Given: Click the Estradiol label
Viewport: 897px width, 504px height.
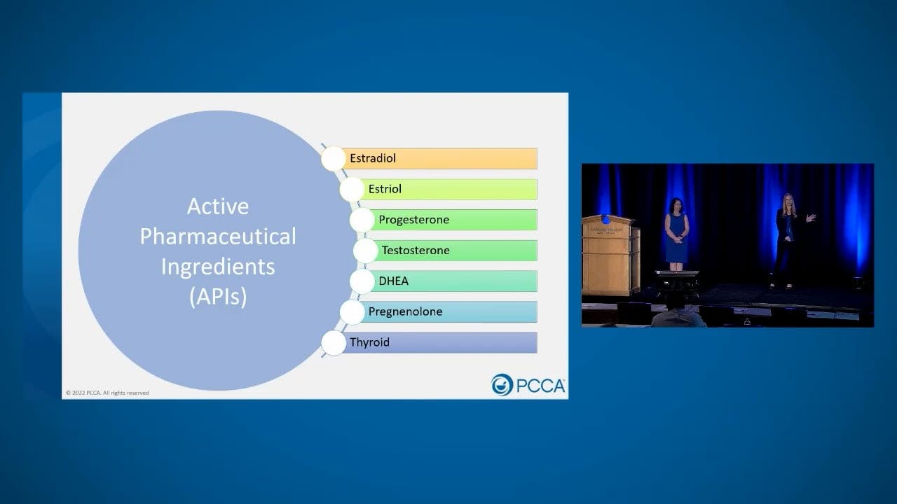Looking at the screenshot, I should pyautogui.click(x=373, y=158).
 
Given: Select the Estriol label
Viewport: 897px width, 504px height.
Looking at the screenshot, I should pyautogui.click(x=385, y=189).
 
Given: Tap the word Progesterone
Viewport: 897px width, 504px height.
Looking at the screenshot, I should pyautogui.click(x=413, y=220).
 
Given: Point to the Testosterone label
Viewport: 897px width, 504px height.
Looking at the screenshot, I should pyautogui.click(x=416, y=251).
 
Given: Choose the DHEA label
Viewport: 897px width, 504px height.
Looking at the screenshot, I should pyautogui.click(x=393, y=281).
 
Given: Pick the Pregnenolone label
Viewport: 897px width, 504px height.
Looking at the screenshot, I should pyautogui.click(x=405, y=311).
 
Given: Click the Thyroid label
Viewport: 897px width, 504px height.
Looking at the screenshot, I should pyautogui.click(x=369, y=342).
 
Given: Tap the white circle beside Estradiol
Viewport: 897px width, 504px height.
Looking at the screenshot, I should pyautogui.click(x=334, y=159).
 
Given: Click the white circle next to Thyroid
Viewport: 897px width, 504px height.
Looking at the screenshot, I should pyautogui.click(x=334, y=342).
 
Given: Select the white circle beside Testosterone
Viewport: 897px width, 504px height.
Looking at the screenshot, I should pyautogui.click(x=365, y=251).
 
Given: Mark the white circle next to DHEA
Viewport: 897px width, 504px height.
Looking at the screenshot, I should pyautogui.click(x=362, y=281).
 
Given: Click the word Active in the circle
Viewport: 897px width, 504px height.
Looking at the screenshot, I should pyautogui.click(x=217, y=206).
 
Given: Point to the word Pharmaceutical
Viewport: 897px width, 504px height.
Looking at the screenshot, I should pyautogui.click(x=217, y=237).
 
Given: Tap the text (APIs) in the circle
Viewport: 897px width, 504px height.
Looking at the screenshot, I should pyautogui.click(x=217, y=297).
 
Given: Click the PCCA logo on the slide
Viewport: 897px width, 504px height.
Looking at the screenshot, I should pyautogui.click(x=528, y=385).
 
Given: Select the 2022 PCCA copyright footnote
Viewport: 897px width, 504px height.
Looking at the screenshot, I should pyautogui.click(x=107, y=393).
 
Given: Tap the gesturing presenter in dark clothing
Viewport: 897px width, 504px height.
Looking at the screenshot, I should pyautogui.click(x=786, y=238).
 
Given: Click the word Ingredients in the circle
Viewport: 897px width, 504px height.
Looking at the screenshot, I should pyautogui.click(x=217, y=267).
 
